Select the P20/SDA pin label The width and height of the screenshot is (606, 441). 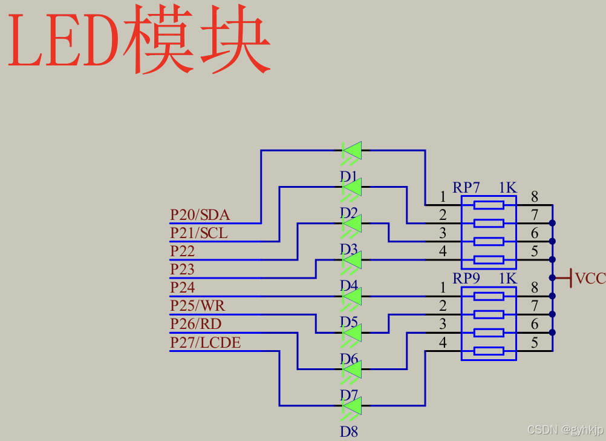click(x=200, y=215)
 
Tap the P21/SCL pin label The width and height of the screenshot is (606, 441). click(x=199, y=233)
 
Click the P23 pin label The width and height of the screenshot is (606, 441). click(x=182, y=269)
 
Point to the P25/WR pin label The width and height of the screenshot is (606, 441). click(x=198, y=305)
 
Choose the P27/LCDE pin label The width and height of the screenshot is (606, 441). click(x=205, y=343)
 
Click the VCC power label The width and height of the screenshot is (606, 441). click(x=590, y=279)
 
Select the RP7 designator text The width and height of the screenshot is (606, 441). click(x=466, y=188)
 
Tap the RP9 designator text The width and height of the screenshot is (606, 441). click(x=466, y=279)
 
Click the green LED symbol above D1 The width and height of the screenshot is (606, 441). click(x=352, y=150)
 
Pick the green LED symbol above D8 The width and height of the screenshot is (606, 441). click(x=352, y=405)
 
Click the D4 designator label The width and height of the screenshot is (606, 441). click(x=349, y=285)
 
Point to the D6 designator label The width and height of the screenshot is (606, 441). click(x=349, y=359)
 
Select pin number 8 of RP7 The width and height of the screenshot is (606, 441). click(x=535, y=196)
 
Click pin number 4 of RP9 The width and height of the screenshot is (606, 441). click(x=443, y=343)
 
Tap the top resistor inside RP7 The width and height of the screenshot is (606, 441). click(x=489, y=205)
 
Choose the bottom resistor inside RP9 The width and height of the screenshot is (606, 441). click(x=489, y=351)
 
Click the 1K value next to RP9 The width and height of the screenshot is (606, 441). click(x=508, y=279)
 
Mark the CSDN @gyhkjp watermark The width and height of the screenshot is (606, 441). click(x=564, y=430)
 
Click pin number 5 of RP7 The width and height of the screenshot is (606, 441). click(x=535, y=251)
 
